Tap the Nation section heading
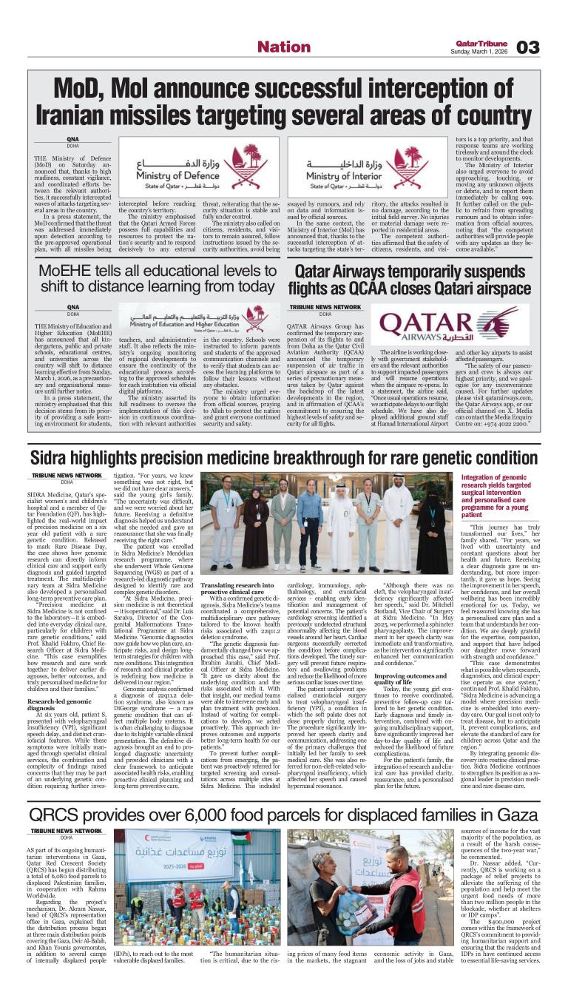283,47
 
